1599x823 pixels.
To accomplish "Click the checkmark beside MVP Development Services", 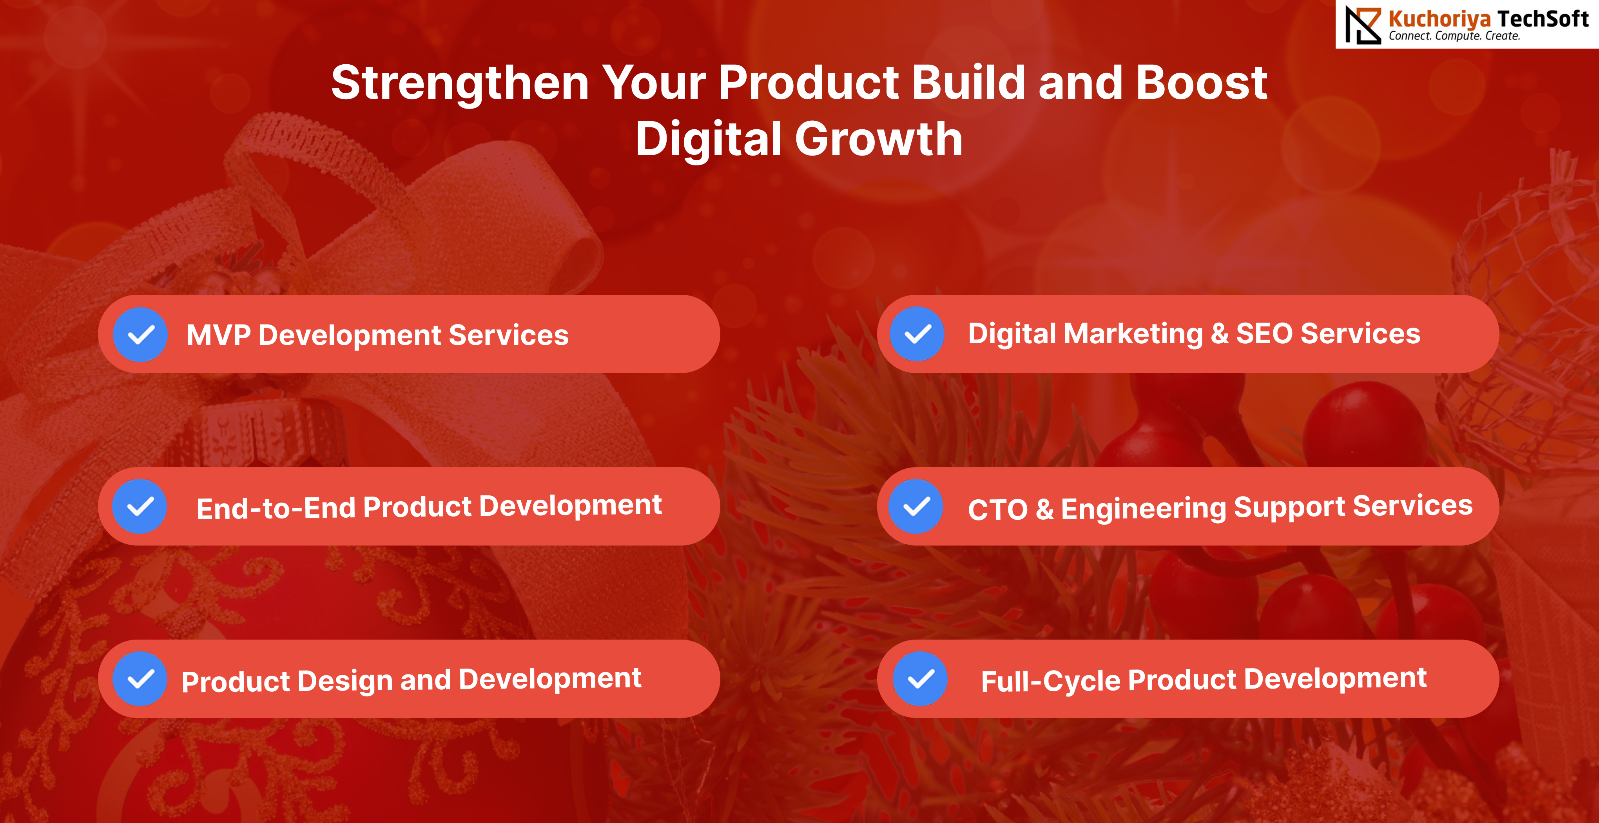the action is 140,335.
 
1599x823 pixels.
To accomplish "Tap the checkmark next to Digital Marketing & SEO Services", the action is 917,334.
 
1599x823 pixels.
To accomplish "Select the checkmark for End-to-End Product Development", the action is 140,506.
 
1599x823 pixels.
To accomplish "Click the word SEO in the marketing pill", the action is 1264,334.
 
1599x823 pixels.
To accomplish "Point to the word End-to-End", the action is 276,508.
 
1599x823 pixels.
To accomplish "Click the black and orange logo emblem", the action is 1363,25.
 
